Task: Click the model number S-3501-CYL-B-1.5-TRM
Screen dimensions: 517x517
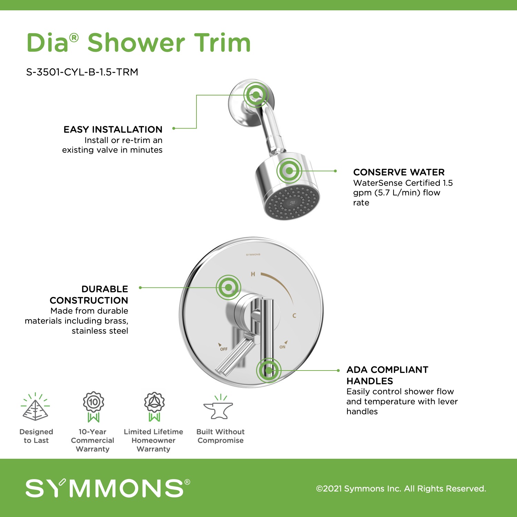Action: [x=82, y=72]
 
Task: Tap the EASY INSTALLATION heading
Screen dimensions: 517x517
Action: [x=113, y=130]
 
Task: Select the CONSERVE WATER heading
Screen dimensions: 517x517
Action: [x=399, y=172]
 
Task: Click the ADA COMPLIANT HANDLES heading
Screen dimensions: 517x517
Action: [x=387, y=375]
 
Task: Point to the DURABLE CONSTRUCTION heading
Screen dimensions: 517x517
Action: [x=89, y=295]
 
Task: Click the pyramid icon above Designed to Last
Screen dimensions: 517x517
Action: [x=35, y=407]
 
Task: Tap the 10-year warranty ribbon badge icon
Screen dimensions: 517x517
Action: [x=93, y=407]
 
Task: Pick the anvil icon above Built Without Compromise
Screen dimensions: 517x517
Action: [x=219, y=407]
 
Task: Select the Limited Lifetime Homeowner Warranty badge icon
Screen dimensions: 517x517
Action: [x=154, y=407]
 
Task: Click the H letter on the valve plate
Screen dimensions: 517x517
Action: [x=253, y=274]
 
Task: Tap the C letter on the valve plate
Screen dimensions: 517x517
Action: [x=294, y=315]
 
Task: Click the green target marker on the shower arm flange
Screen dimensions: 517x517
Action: [x=256, y=94]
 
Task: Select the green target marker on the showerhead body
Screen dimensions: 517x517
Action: [x=289, y=171]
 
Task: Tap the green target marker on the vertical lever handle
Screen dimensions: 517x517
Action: [x=268, y=371]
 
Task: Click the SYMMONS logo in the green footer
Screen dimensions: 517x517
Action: [x=108, y=488]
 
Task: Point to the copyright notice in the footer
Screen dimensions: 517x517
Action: [x=401, y=489]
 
